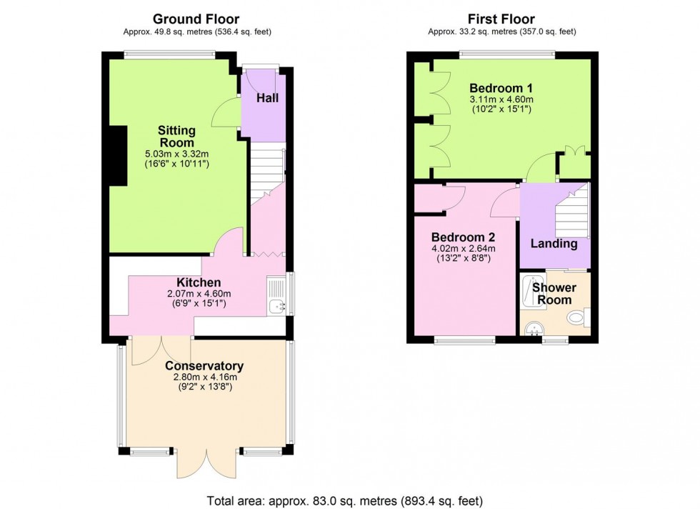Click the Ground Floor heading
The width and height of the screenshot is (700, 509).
(196, 19)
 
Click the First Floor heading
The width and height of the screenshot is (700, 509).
(501, 19)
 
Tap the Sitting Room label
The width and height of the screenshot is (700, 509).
(176, 137)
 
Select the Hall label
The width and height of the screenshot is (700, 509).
(267, 98)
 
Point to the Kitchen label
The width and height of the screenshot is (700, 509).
(199, 282)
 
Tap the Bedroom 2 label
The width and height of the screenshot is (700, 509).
(463, 237)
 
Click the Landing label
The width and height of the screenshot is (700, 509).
(554, 244)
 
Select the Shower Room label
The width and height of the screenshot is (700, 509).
(554, 294)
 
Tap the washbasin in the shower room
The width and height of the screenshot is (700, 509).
(533, 328)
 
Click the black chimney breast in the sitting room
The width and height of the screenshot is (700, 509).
(117, 156)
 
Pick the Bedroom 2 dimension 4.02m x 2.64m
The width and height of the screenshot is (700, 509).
(463, 249)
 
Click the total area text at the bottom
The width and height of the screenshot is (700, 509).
(349, 500)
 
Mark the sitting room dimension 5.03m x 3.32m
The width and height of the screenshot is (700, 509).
(176, 154)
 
